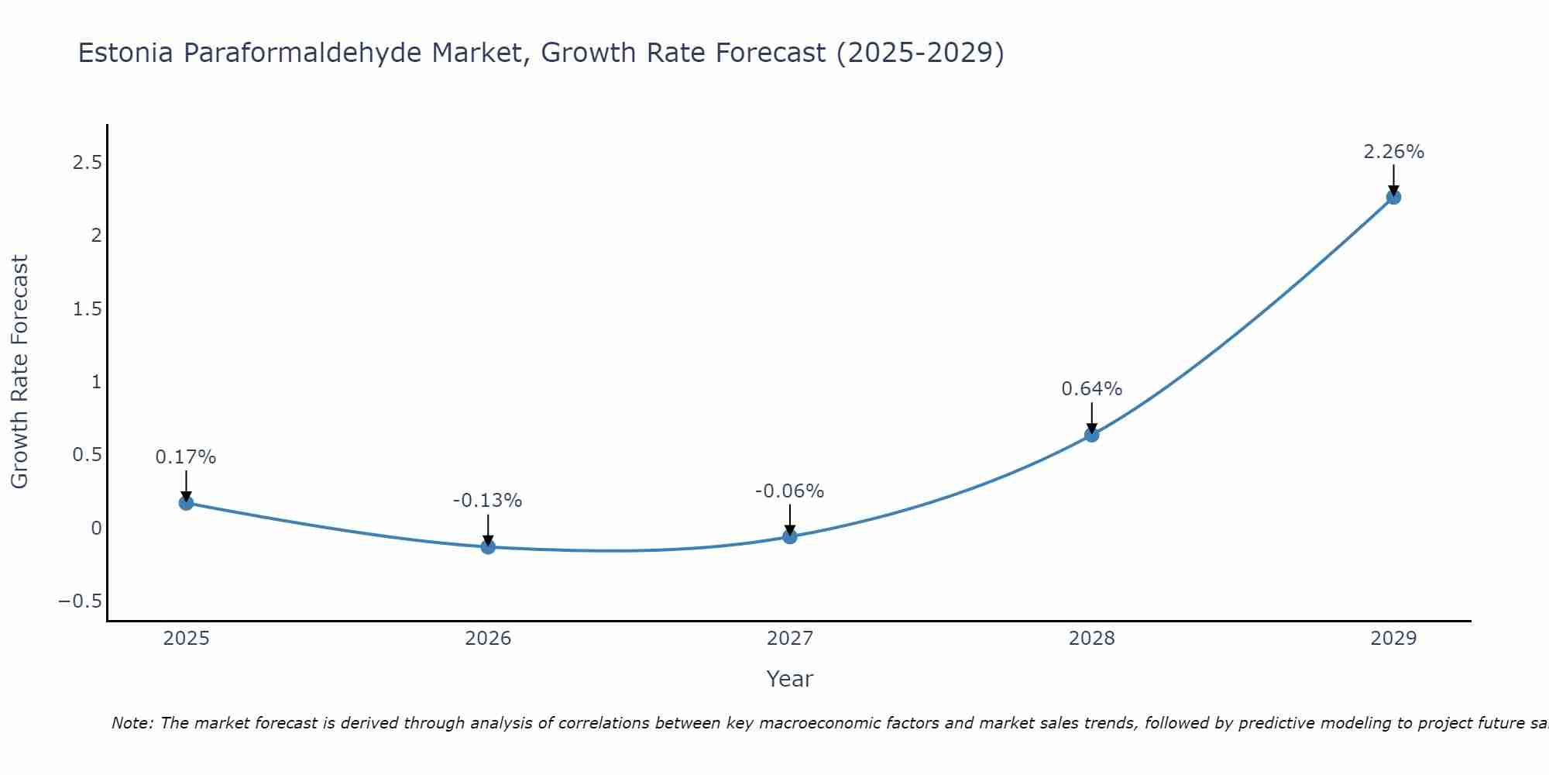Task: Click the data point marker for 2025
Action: point(186,503)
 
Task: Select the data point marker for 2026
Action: point(488,547)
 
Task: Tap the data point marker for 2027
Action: point(790,536)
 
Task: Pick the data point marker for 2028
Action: point(1091,435)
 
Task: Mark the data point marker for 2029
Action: point(1393,197)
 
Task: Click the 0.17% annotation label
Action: point(186,457)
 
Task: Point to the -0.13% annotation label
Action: point(488,501)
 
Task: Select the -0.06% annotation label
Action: point(790,491)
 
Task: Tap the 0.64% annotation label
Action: point(1091,389)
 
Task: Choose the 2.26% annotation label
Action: point(1393,152)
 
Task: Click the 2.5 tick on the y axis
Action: point(88,163)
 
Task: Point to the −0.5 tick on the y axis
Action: point(81,601)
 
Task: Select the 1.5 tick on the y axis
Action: point(88,309)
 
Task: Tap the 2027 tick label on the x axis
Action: point(790,639)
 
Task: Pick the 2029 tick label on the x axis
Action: point(1393,639)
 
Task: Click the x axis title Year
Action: point(790,679)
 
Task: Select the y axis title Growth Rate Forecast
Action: point(20,372)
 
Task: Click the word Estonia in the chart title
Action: point(126,53)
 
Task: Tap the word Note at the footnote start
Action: point(132,723)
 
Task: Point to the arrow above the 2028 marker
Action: point(1091,417)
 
